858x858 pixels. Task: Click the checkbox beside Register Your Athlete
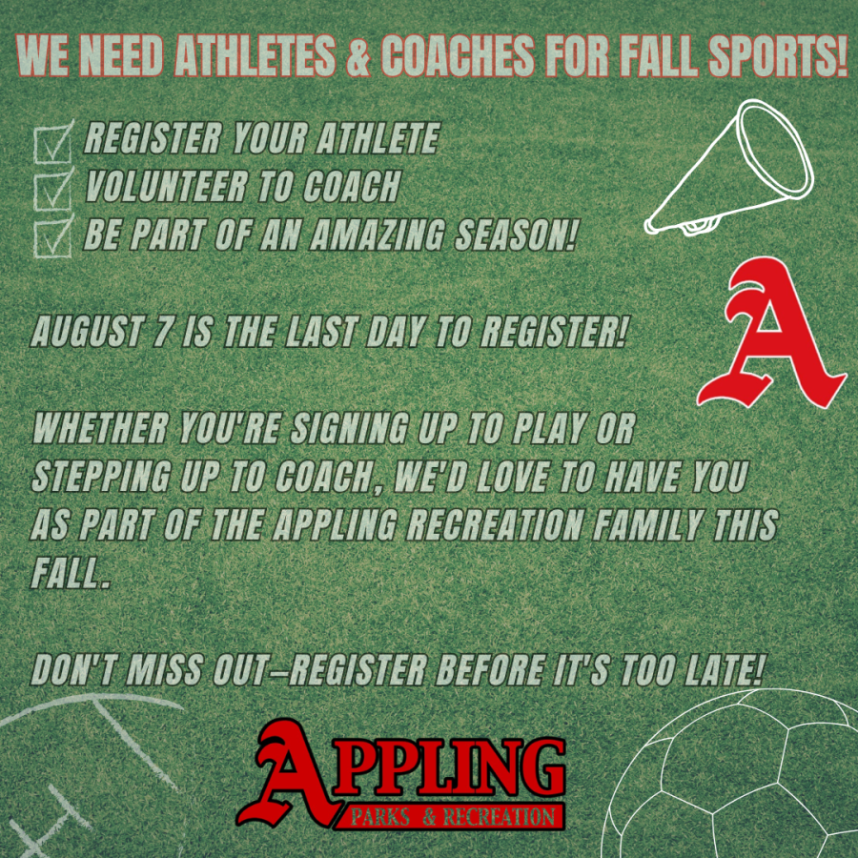[x=52, y=143]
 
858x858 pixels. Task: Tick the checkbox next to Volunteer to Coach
[x=52, y=190]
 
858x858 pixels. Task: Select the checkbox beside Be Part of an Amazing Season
[x=52, y=237]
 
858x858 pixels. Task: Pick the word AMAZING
[x=377, y=235]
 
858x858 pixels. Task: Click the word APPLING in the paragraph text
[x=335, y=524]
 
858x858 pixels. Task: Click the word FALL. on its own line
[x=71, y=573]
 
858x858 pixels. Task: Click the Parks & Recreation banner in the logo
[x=452, y=818]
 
